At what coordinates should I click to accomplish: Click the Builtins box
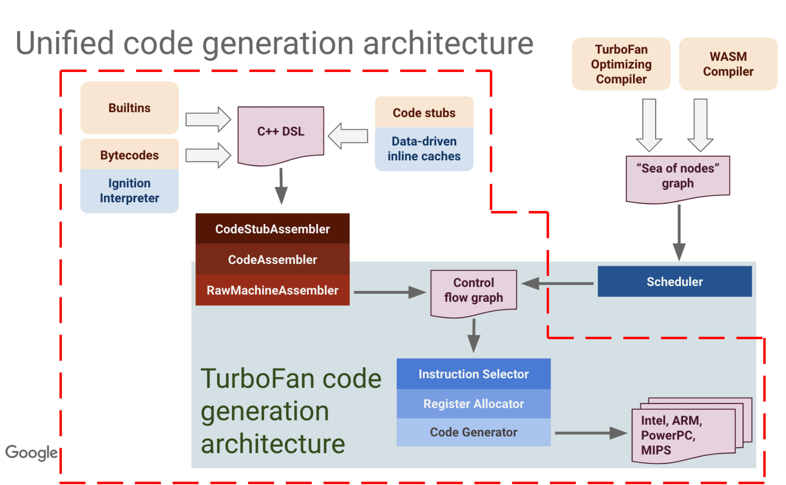(129, 108)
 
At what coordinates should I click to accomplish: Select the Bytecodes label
(129, 155)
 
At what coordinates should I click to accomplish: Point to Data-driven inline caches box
(424, 149)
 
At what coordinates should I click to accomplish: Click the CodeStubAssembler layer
(272, 229)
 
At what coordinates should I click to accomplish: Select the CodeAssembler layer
(272, 259)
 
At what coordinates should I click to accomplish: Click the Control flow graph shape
(473, 291)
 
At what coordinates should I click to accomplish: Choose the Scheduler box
(674, 282)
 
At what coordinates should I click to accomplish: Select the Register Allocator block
(473, 404)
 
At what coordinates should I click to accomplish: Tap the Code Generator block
(473, 432)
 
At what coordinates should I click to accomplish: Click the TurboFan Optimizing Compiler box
(621, 64)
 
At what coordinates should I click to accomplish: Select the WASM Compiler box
(728, 64)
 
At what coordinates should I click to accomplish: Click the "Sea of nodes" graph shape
(678, 176)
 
